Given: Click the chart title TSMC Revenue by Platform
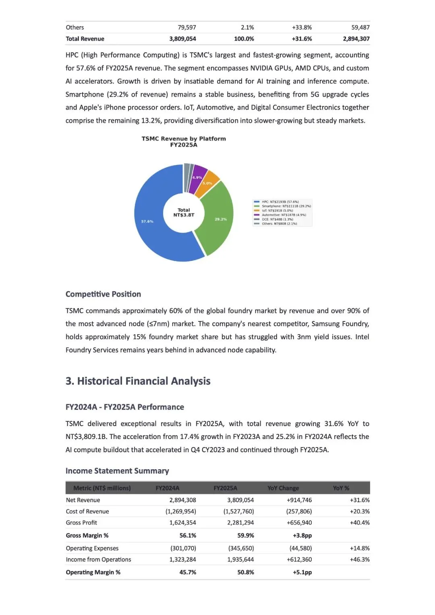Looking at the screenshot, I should point(184,139).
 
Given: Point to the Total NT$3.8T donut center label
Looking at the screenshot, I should point(184,212).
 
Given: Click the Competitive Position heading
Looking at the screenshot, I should point(103,294).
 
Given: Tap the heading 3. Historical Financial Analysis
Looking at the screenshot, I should point(138,381).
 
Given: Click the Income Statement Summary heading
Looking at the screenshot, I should point(117,471).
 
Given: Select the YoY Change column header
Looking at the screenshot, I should point(283,488).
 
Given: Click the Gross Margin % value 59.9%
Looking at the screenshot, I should point(245,535).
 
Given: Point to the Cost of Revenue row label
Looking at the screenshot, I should point(87,511).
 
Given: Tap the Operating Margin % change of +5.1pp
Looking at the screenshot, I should point(302,572).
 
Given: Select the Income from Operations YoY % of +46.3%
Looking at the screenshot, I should point(360,559).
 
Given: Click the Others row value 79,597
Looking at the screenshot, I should point(187,27).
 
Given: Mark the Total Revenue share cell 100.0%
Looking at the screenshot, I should point(244,39).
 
